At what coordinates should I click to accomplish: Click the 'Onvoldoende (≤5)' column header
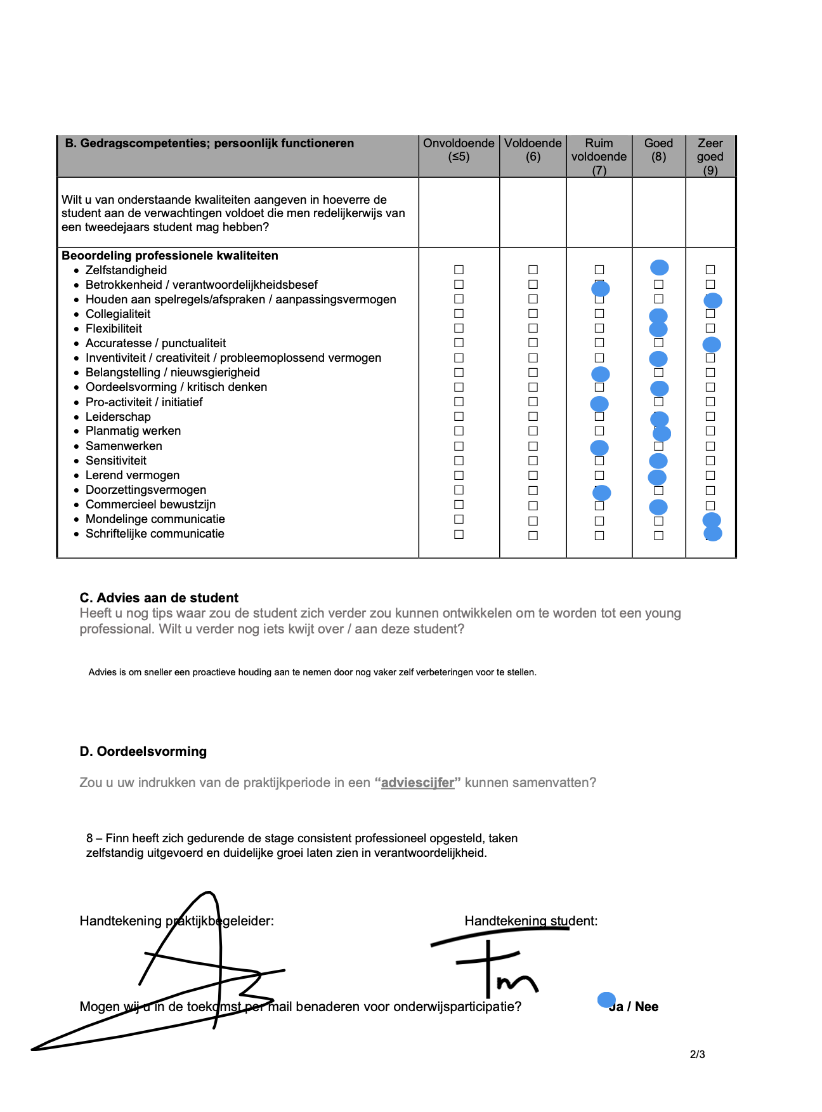(x=459, y=150)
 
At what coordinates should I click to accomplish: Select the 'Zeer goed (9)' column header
(x=710, y=156)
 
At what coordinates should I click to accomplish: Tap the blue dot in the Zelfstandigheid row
(x=660, y=267)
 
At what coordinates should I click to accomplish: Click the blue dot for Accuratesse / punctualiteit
(x=712, y=345)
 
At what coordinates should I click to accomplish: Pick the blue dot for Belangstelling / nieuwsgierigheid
(x=600, y=374)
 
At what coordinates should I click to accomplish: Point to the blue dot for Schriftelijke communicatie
(x=713, y=533)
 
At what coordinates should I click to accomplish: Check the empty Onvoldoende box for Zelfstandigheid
(x=459, y=270)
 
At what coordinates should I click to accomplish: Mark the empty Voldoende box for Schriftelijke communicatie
(x=533, y=535)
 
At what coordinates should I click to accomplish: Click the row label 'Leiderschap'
(x=118, y=417)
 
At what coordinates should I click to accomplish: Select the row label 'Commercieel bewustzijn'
(x=150, y=505)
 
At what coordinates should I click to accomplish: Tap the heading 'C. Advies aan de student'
(x=159, y=598)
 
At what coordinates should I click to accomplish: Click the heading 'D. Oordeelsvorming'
(x=143, y=751)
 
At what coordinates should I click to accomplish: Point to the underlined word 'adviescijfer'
(x=417, y=783)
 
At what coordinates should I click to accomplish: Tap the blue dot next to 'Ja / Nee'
(x=606, y=1000)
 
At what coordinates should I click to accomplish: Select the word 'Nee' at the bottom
(x=646, y=1007)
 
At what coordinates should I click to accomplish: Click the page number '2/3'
(x=697, y=1054)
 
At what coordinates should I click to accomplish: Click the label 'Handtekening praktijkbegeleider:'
(x=177, y=921)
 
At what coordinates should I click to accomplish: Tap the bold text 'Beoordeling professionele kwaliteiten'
(x=170, y=256)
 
